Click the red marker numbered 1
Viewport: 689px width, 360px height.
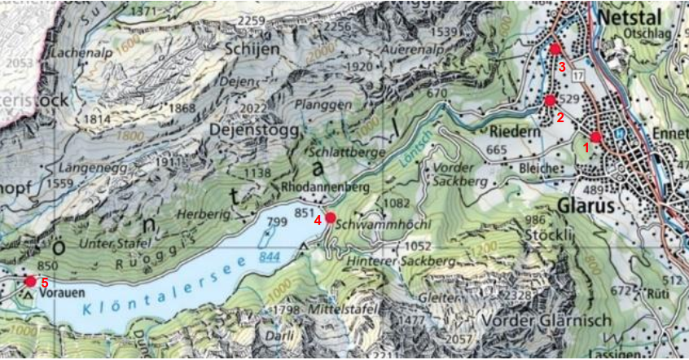click(x=595, y=137)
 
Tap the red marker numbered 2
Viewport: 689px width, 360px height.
click(x=550, y=100)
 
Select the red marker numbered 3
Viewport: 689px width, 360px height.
click(x=555, y=49)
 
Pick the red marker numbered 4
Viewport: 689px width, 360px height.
click(x=331, y=217)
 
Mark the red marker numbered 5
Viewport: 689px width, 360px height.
click(x=30, y=281)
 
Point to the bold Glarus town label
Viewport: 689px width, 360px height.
click(x=586, y=206)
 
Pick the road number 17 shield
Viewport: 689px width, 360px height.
click(x=578, y=76)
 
